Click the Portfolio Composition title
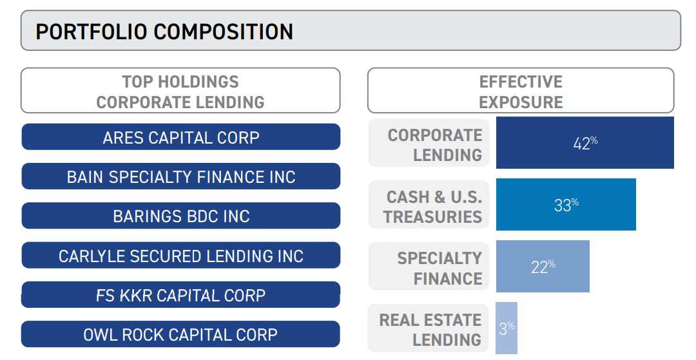[164, 32]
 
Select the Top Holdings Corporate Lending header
[180, 91]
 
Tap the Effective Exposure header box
[521, 91]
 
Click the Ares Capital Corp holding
[180, 137]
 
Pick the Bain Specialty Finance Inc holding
[180, 176]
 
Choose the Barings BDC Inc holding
[180, 216]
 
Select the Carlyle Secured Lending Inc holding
[180, 256]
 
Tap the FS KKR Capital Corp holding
[180, 295]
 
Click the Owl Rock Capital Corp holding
[180, 335]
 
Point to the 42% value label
[585, 143]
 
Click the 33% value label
[566, 205]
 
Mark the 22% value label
[543, 267]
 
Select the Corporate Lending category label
[434, 144]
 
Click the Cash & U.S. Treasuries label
[433, 206]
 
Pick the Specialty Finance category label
[439, 268]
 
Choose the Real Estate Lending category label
[430, 329]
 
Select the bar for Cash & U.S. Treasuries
[606, 205]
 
